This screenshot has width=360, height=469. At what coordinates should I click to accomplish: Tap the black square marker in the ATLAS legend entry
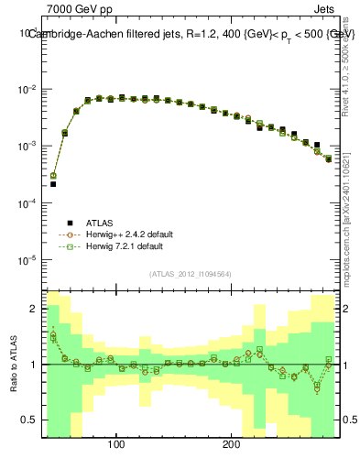tap(70, 222)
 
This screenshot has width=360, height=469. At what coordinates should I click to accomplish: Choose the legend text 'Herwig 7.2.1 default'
tap(124, 246)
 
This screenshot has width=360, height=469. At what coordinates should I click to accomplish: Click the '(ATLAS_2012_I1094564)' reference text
tap(190, 274)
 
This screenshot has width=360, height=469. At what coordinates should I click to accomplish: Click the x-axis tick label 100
tap(115, 446)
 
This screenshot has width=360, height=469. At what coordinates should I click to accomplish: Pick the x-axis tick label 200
tap(231, 446)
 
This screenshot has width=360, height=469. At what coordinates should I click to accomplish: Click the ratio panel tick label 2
tap(33, 309)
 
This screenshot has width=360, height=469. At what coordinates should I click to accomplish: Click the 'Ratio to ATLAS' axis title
tap(12, 364)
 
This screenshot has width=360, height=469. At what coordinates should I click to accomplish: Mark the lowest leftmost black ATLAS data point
tap(53, 184)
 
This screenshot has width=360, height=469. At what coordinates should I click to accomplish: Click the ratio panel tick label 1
tap(33, 365)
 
